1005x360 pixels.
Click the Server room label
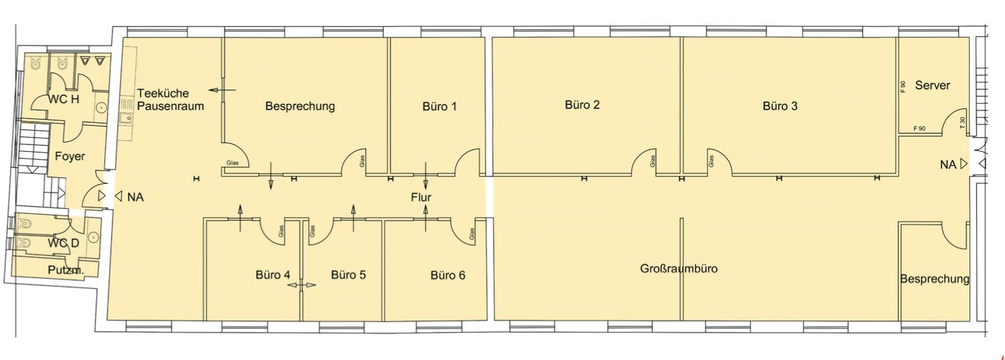(x=932, y=85)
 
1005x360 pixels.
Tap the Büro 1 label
(x=440, y=106)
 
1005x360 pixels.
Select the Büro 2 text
(x=582, y=105)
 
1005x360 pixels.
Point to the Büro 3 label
(x=780, y=106)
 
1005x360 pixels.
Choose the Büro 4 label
(x=273, y=275)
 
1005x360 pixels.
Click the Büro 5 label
(x=349, y=275)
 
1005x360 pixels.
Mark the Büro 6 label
(x=448, y=275)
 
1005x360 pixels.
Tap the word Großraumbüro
(x=678, y=268)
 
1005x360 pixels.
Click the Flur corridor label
(x=421, y=197)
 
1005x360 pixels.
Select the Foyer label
(x=70, y=156)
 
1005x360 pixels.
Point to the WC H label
(x=64, y=99)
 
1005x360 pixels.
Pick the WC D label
(x=64, y=244)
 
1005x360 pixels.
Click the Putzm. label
(x=66, y=270)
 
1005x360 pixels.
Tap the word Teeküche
(x=163, y=94)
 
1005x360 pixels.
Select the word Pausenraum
(x=171, y=106)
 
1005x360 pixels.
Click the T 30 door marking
(x=962, y=122)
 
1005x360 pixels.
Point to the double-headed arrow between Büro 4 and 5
(x=302, y=284)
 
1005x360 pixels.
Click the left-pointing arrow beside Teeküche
(x=222, y=90)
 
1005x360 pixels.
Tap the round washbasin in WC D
(x=93, y=237)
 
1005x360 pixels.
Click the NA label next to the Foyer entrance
(x=136, y=197)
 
